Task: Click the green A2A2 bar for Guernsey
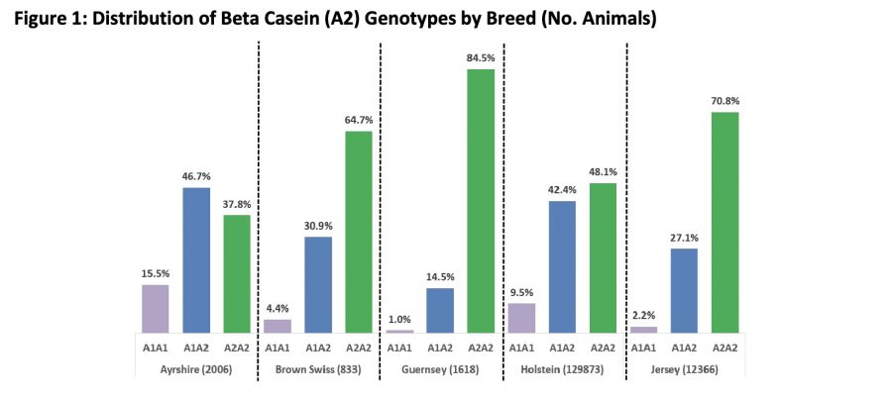(481, 201)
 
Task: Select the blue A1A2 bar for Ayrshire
(196, 259)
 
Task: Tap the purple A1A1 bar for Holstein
(521, 318)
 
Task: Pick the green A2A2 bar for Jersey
(725, 222)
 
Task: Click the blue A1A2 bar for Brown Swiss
(318, 284)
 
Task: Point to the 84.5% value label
(481, 57)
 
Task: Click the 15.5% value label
(156, 273)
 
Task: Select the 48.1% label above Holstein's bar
(603, 171)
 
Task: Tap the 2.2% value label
(644, 315)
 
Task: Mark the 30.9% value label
(318, 226)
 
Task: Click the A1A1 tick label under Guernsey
(400, 348)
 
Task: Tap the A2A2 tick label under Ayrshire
(237, 348)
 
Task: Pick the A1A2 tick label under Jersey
(684, 348)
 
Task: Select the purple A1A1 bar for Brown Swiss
(278, 326)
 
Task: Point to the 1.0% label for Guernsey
(400, 319)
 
